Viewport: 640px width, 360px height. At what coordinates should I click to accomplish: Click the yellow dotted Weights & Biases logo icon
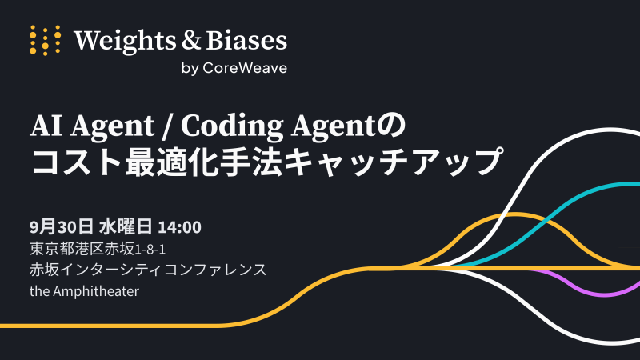(46, 40)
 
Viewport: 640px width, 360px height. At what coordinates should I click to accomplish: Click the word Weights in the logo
(125, 41)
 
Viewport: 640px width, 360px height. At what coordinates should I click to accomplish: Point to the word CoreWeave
(245, 68)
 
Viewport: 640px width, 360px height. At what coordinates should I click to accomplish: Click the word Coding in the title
(232, 126)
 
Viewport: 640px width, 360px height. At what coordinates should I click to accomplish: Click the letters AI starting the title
(46, 126)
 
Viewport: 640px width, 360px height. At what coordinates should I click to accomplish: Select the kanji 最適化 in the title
(173, 162)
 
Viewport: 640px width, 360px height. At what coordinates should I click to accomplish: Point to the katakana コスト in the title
(76, 162)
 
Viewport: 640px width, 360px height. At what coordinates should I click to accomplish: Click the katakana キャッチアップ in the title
(362, 162)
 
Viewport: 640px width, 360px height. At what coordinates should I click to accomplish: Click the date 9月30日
(62, 227)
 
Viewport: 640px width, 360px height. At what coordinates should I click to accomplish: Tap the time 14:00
(179, 227)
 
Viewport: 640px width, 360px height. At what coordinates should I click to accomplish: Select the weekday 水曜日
(126, 227)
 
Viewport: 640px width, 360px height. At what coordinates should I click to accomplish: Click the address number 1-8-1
(150, 250)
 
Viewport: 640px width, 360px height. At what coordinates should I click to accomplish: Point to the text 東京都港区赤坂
(82, 249)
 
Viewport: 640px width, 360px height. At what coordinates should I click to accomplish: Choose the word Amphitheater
(96, 291)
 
